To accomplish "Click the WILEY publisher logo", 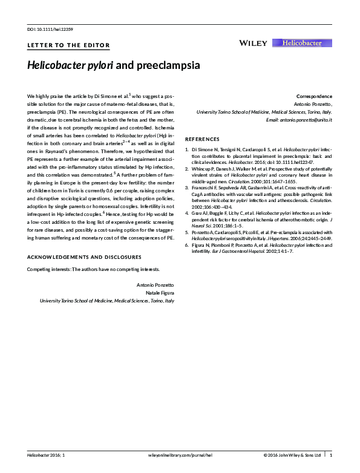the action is pyautogui.click(x=253, y=43).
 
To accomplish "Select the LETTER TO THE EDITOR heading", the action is pyautogui.click(x=69, y=45).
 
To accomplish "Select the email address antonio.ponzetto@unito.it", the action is pyautogui.click(x=299, y=120).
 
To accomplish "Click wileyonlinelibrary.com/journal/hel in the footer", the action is pyautogui.click(x=180, y=454).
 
